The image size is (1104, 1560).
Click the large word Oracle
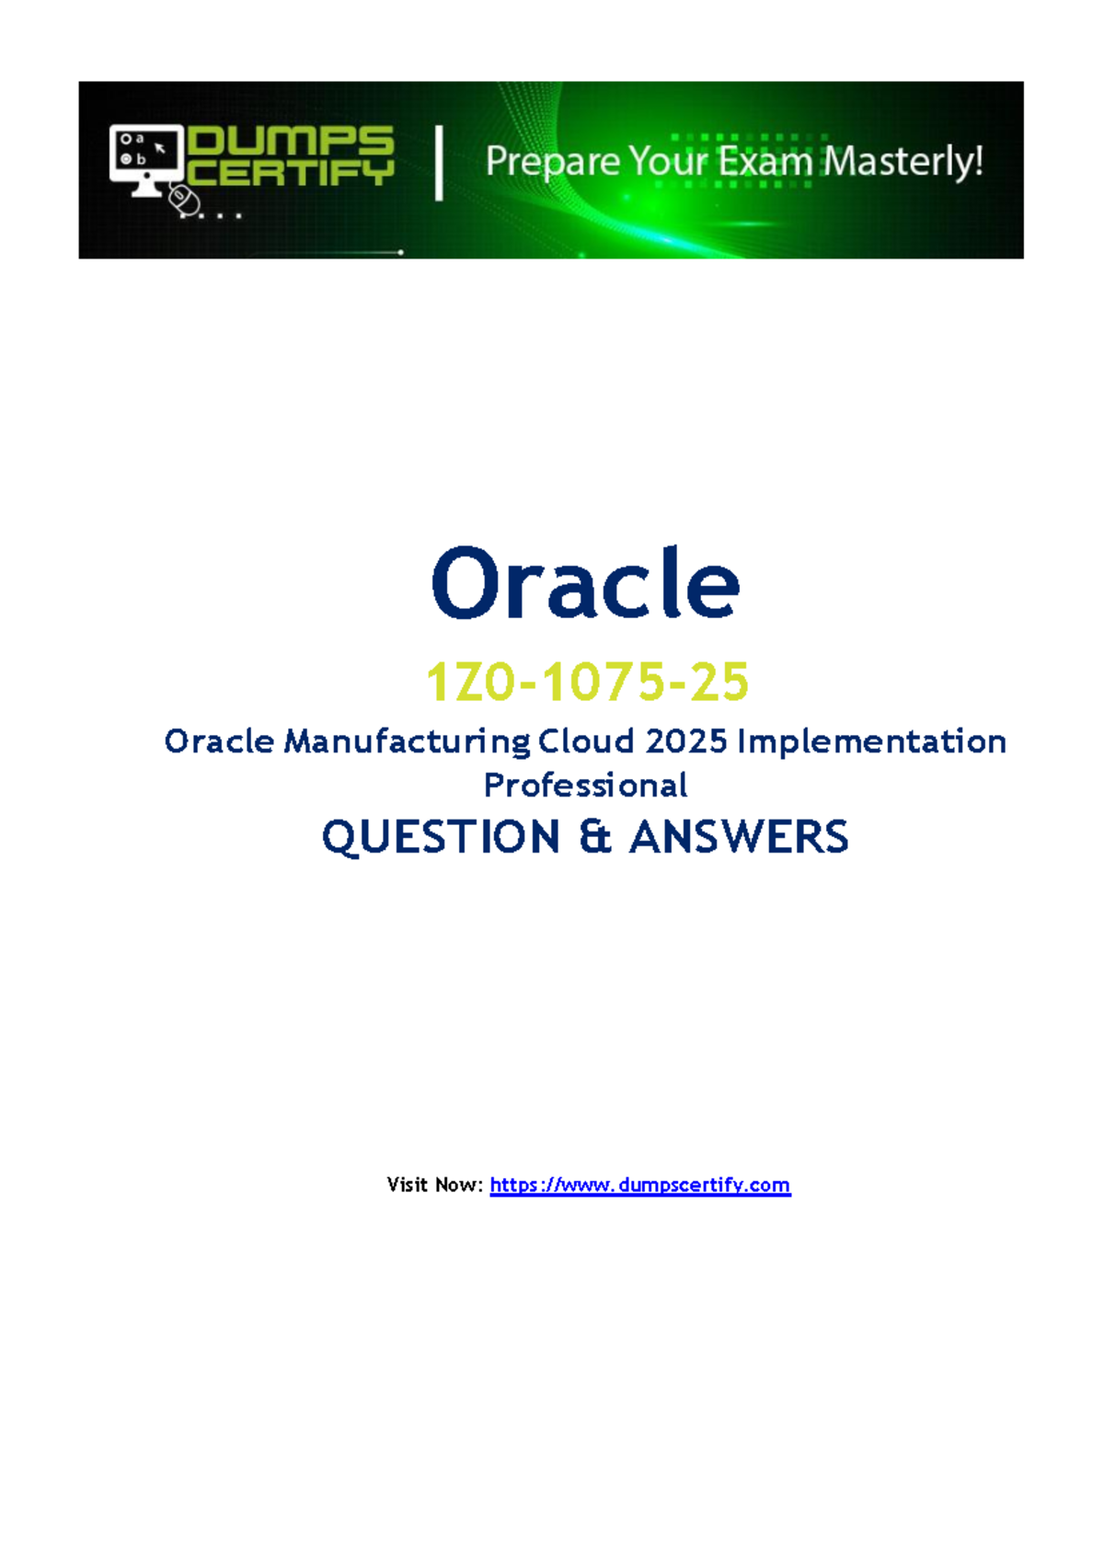(x=585, y=584)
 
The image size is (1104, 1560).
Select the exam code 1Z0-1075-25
(x=587, y=682)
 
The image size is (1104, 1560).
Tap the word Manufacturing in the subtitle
(x=407, y=741)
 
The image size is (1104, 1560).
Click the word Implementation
(x=871, y=741)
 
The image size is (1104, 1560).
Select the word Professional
(x=585, y=786)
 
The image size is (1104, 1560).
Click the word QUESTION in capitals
(x=441, y=837)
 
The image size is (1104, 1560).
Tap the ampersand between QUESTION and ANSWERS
(x=595, y=837)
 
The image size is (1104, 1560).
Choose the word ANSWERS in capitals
(x=739, y=837)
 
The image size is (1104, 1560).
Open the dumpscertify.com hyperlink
(x=639, y=1185)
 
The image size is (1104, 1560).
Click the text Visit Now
(x=433, y=1185)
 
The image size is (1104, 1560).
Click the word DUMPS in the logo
(x=291, y=142)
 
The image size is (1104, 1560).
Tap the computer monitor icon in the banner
(x=145, y=156)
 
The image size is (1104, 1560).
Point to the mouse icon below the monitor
(x=184, y=200)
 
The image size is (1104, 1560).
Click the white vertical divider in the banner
(x=439, y=164)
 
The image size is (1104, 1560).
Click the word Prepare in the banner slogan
(x=552, y=163)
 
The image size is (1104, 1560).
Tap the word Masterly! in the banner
(x=903, y=162)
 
